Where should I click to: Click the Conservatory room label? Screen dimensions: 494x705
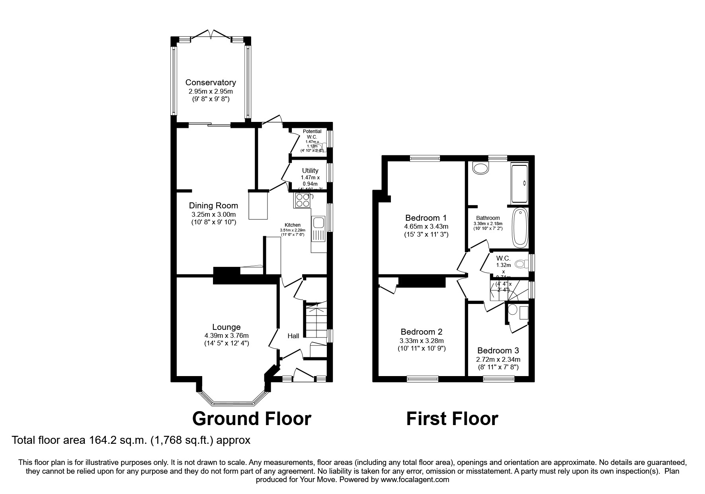[x=210, y=82]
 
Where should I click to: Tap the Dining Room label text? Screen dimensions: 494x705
[x=213, y=206]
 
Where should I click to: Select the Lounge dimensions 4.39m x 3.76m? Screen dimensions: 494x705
[x=226, y=335]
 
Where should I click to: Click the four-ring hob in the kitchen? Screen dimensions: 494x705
[x=302, y=200]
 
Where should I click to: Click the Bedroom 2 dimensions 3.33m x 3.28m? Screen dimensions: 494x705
[x=422, y=341]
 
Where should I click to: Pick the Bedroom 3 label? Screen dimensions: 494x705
[x=498, y=351]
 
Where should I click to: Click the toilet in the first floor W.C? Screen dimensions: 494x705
[x=520, y=264]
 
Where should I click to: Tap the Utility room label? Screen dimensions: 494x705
[x=310, y=171]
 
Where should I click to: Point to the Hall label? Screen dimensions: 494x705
[x=293, y=336]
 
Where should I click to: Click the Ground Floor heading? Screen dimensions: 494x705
[x=252, y=419]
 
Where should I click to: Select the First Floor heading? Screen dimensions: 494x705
[x=452, y=419]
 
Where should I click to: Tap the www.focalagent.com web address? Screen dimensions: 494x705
[x=415, y=480]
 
